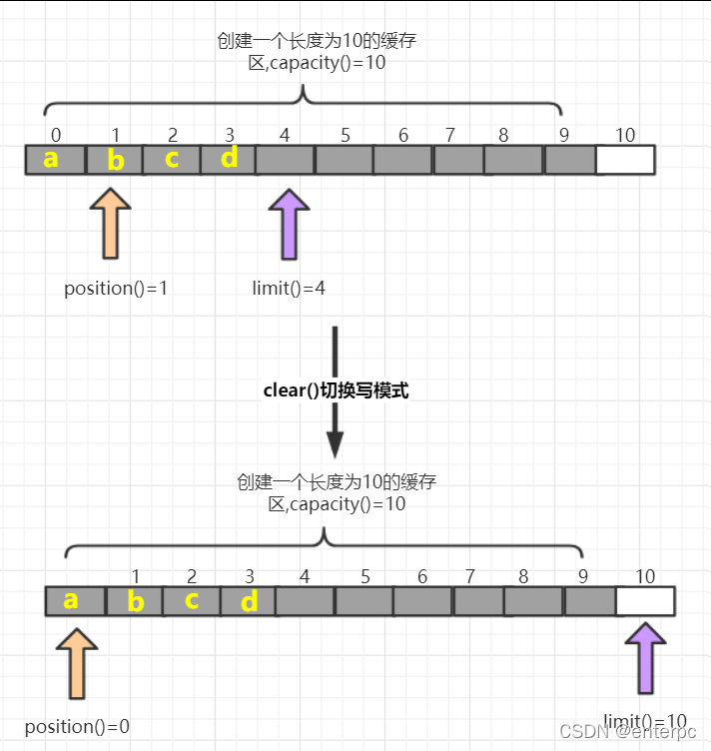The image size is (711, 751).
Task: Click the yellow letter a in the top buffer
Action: point(50,159)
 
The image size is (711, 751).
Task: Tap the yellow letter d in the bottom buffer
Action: point(250,601)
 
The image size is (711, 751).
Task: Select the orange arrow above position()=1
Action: point(110,224)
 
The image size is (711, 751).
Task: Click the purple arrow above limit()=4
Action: point(290,224)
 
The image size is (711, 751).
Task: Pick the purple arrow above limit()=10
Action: point(645,659)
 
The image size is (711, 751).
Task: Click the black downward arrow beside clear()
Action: point(335,389)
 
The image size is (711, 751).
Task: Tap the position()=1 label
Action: point(116,289)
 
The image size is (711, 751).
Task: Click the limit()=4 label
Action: point(289,289)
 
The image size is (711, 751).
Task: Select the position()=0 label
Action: point(77,726)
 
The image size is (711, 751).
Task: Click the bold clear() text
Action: point(291,390)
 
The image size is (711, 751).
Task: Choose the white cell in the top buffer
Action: point(625,160)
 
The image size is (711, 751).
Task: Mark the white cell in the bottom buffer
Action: point(645,601)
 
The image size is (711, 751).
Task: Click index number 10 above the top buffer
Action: point(624,135)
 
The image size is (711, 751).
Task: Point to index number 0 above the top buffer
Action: point(55,135)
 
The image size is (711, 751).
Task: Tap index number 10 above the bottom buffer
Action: point(645,576)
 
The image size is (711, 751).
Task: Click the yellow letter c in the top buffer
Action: point(172,159)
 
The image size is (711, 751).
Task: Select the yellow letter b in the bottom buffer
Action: point(136,602)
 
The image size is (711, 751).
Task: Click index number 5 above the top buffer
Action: point(345,135)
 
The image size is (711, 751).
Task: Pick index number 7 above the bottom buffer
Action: point(469,576)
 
